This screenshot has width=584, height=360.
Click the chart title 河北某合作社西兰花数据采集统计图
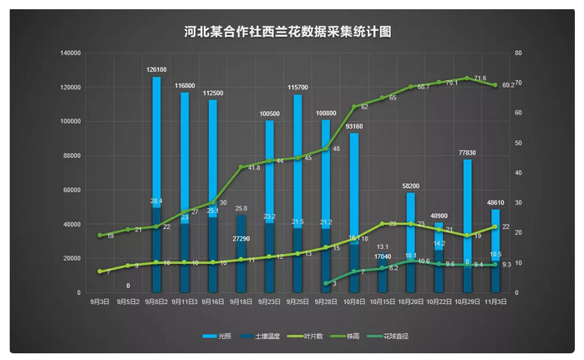287,33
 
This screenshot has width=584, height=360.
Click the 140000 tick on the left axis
70,53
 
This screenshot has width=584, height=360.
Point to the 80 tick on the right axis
519,53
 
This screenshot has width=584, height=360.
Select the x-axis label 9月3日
99,301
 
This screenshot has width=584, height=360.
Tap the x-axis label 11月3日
495,301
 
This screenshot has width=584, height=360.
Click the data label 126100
156,70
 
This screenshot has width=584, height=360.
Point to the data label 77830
467,153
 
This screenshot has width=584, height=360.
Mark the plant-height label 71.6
480,78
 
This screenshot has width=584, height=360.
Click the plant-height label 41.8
254,167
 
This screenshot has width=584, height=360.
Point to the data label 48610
495,203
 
